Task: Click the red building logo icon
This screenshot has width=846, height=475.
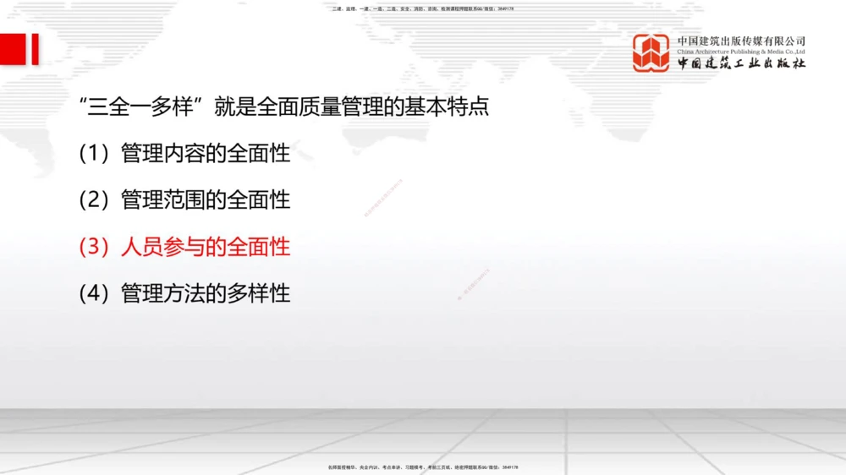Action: point(651,52)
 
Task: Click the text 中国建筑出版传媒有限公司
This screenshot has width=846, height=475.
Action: point(741,40)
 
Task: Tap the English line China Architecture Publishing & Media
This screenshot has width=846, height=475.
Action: point(741,51)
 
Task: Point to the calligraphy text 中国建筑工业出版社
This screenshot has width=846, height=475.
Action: point(741,64)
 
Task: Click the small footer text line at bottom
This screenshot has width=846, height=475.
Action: point(422,467)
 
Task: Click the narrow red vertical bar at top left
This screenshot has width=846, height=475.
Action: point(35,48)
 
